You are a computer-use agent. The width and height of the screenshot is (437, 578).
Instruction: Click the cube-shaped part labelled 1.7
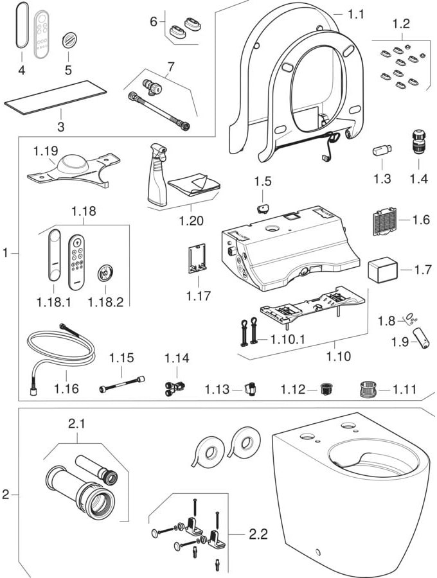pos(380,270)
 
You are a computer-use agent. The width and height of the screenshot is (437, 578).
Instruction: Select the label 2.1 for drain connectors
pos(76,424)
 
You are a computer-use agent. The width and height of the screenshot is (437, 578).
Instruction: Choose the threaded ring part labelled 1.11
pos(366,389)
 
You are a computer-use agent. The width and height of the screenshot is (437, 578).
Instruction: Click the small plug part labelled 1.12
pos(326,389)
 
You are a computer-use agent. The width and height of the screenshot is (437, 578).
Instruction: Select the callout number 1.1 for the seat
pos(355,12)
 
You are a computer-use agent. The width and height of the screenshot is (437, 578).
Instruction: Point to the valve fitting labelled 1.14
pos(174,387)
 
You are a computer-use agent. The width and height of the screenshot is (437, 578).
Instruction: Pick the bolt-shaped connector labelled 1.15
pos(120,388)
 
